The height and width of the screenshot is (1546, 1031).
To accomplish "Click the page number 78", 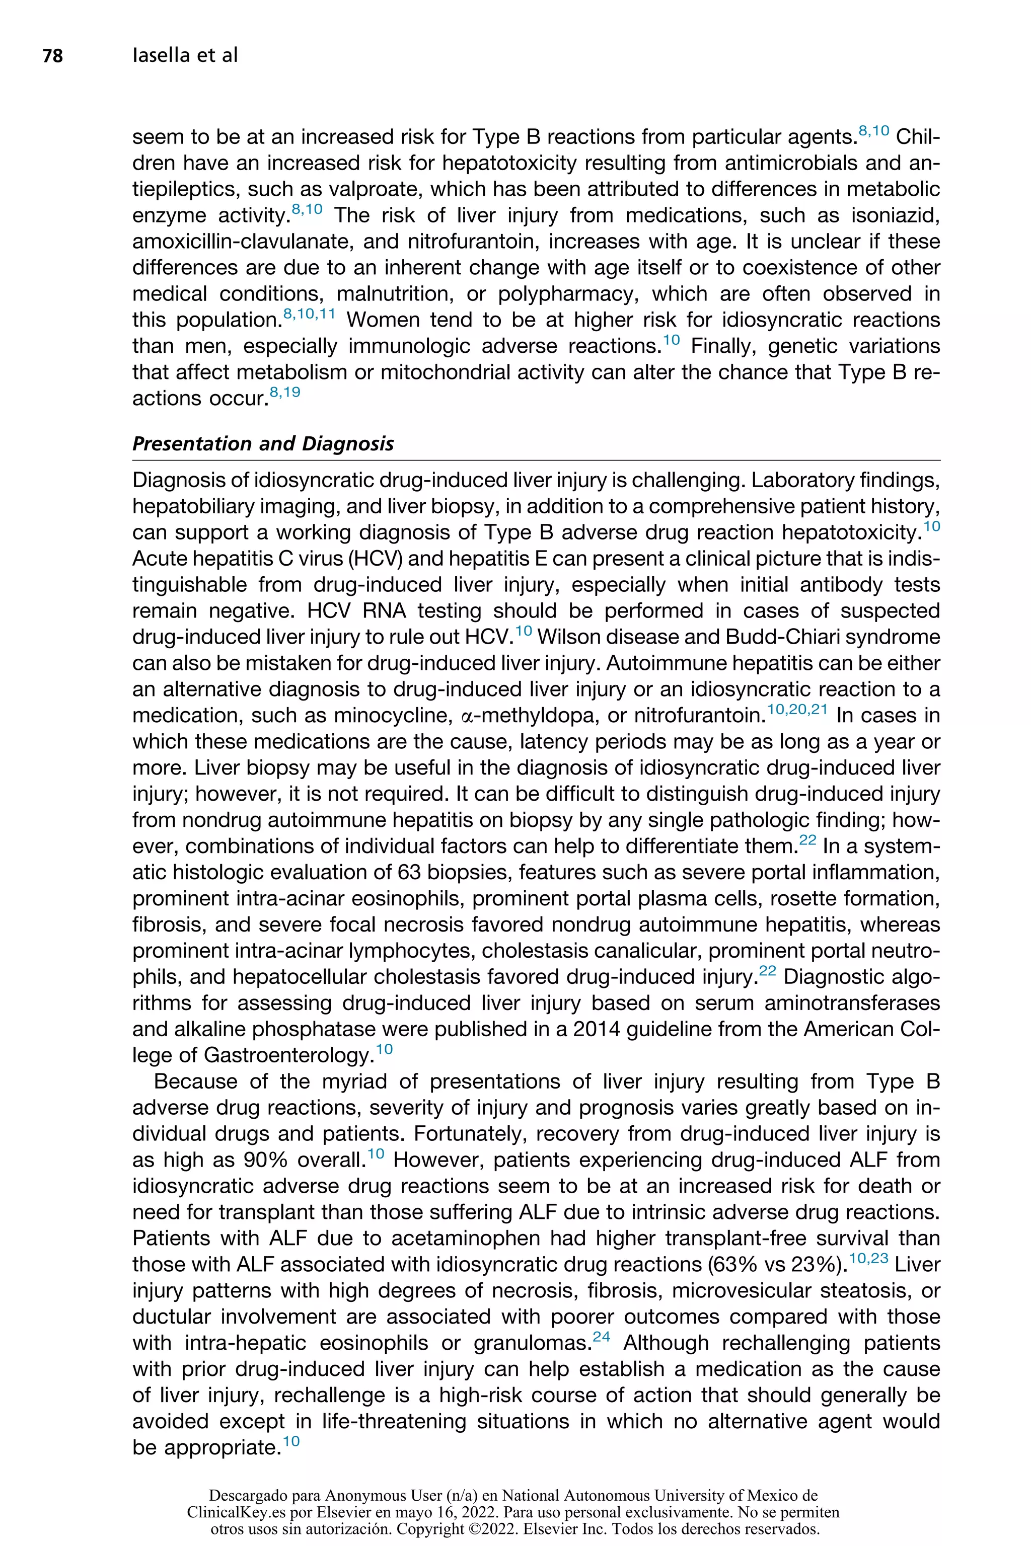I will point(52,56).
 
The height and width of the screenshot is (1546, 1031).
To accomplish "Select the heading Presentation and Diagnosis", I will point(263,444).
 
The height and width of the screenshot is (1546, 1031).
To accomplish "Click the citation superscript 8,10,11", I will point(309,315).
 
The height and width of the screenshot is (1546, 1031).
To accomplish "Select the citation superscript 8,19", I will point(285,393).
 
